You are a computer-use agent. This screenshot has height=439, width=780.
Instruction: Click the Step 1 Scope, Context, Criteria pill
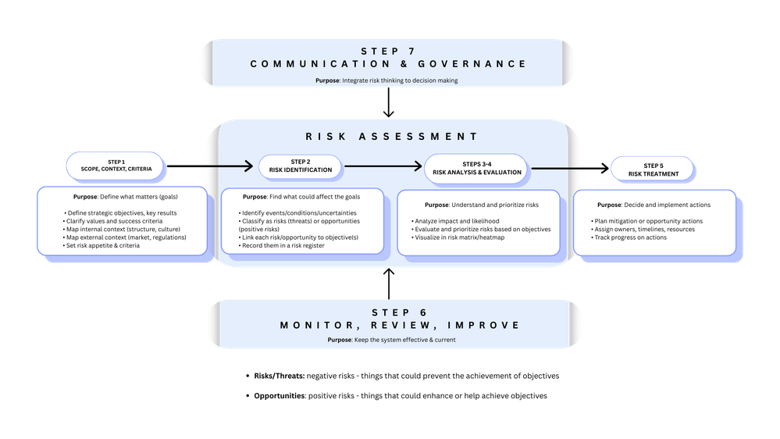(x=119, y=166)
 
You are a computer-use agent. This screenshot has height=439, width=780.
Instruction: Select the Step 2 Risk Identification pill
(x=301, y=166)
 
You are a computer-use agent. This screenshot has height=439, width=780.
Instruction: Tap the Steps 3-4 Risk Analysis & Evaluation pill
(x=475, y=168)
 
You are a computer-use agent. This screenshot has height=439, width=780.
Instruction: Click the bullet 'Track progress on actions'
(x=631, y=237)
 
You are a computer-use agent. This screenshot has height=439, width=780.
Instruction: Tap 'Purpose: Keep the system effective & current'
(x=391, y=340)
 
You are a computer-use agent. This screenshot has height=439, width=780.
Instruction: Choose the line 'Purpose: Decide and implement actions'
(x=654, y=205)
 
